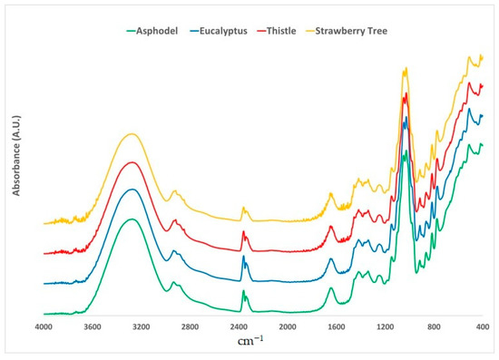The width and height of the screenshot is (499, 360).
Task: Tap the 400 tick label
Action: (x=481, y=326)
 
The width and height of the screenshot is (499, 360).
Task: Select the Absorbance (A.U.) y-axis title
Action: (x=17, y=150)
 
